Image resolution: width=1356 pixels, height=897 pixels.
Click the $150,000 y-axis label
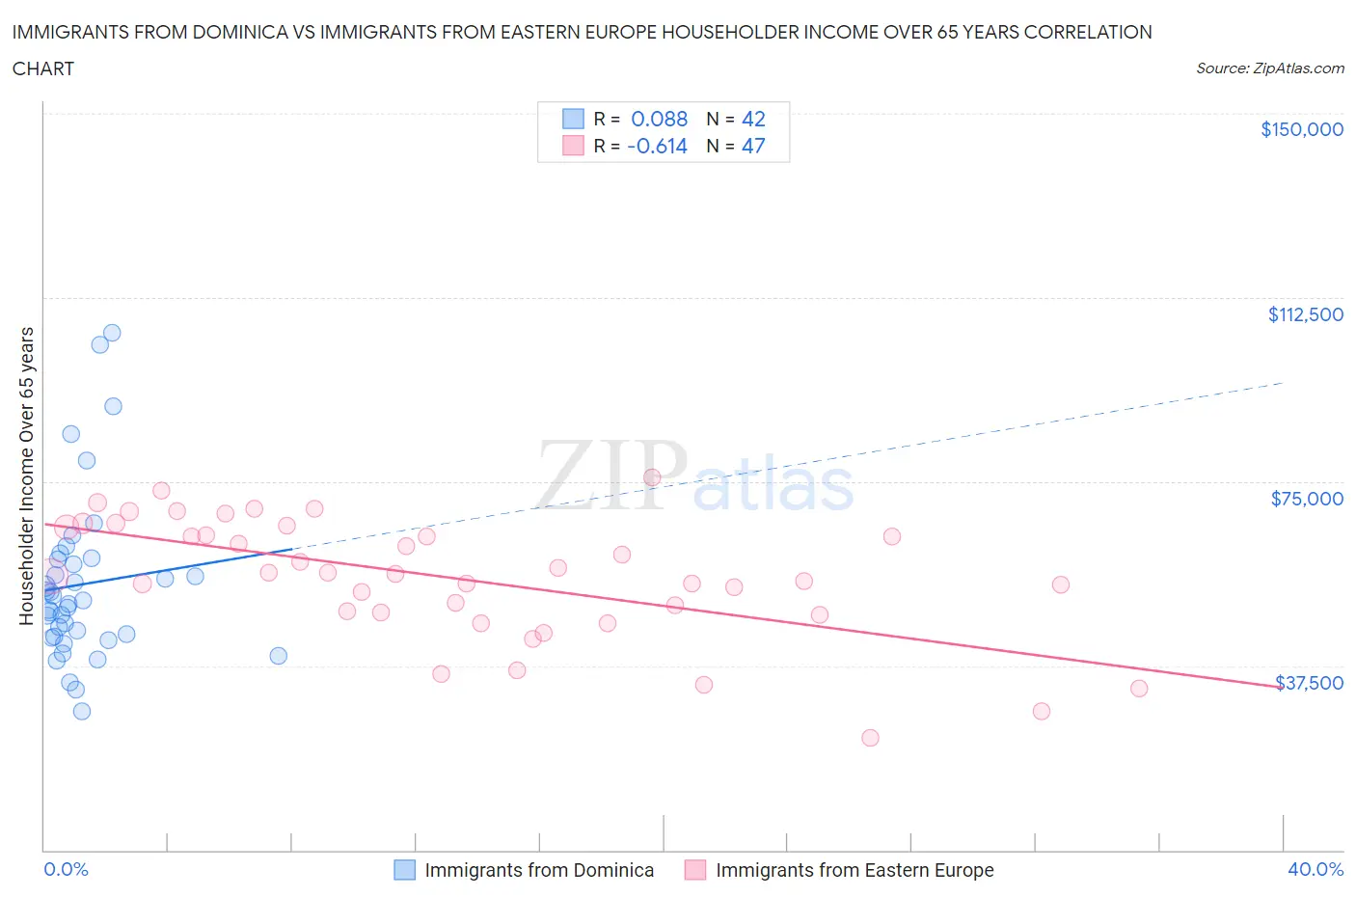click(1301, 129)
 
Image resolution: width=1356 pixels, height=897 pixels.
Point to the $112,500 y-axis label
click(1305, 314)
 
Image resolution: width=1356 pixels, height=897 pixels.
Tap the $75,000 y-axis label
click(1306, 499)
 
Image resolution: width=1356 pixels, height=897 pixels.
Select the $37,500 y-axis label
click(1308, 683)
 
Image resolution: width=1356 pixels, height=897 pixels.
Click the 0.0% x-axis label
click(66, 869)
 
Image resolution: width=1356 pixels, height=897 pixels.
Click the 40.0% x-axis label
click(1315, 869)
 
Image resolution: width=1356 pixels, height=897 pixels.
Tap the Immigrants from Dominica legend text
click(539, 870)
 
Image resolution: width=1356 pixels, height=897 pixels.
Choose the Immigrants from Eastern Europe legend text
click(854, 870)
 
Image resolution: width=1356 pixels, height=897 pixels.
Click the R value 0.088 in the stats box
click(659, 119)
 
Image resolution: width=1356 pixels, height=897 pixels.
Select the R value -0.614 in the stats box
click(657, 146)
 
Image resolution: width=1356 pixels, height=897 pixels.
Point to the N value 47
click(752, 146)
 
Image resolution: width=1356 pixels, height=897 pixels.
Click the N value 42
click(752, 119)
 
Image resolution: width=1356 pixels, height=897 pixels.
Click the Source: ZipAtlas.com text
click(1269, 68)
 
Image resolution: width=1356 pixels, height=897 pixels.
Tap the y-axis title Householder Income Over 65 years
click(27, 476)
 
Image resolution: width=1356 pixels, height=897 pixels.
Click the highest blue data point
click(112, 333)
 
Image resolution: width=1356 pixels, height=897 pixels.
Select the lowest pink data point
click(870, 738)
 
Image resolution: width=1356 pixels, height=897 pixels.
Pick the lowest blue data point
click(82, 711)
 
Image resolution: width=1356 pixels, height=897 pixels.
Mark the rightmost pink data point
click(1139, 689)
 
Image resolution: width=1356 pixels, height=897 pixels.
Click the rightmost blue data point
click(278, 656)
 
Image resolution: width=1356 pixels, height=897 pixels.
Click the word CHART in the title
click(43, 68)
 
